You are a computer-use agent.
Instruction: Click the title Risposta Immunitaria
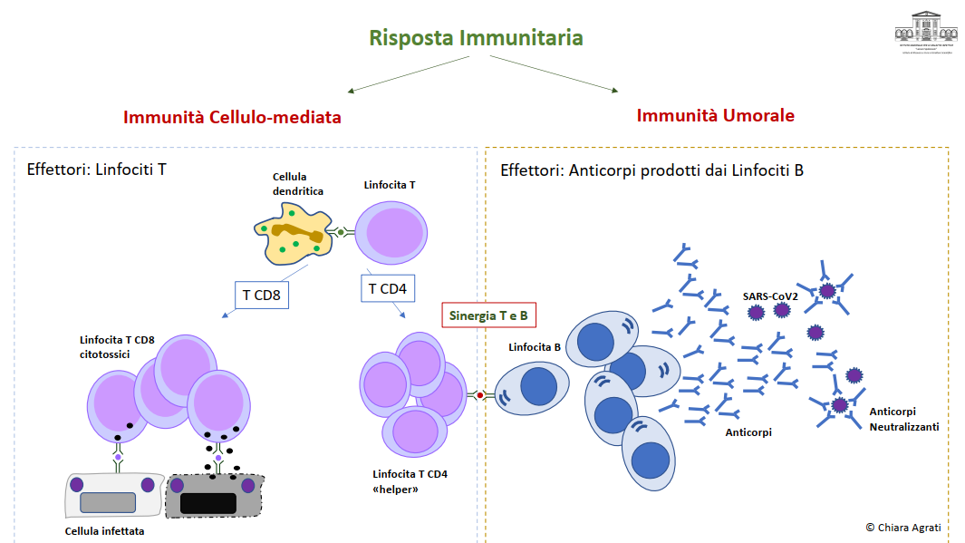(x=476, y=38)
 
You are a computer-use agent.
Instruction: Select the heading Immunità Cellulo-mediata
(x=232, y=118)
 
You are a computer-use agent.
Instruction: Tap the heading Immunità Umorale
(x=715, y=116)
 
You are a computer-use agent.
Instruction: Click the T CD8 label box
(x=261, y=295)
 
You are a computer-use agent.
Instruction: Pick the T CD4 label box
(x=388, y=289)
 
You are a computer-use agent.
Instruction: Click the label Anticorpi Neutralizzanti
(x=903, y=418)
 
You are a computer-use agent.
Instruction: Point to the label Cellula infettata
(x=104, y=531)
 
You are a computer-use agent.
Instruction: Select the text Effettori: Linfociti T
(x=97, y=169)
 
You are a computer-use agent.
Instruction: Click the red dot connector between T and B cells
(x=480, y=396)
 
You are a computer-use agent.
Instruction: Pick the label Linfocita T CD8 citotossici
(x=117, y=347)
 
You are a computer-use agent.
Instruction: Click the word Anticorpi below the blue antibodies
(x=748, y=432)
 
